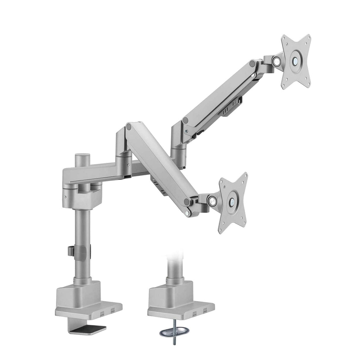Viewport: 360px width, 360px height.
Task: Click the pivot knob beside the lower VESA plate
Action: (212, 200)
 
